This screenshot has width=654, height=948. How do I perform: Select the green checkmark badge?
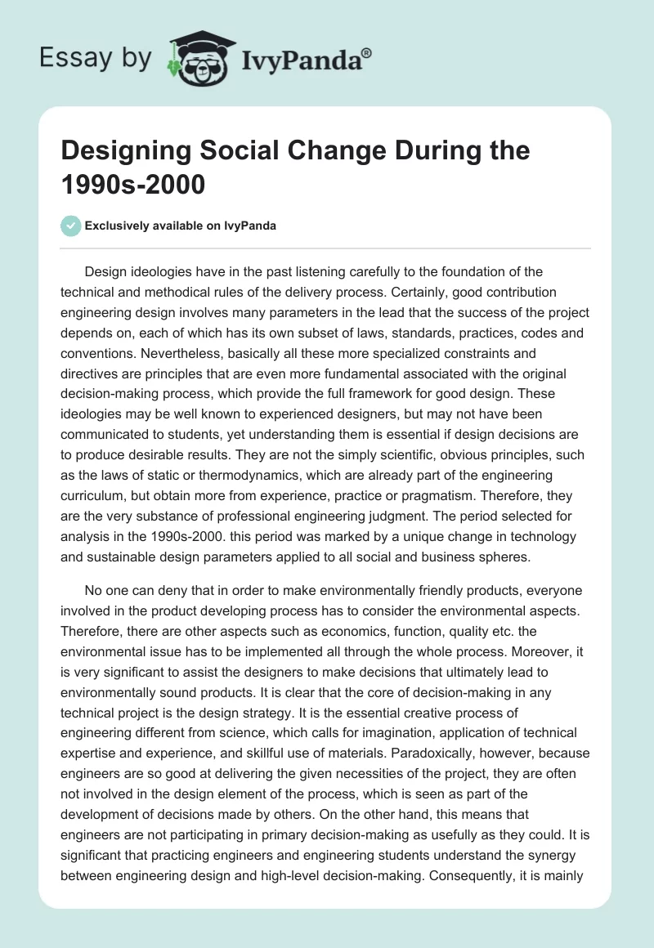pos(72,226)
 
